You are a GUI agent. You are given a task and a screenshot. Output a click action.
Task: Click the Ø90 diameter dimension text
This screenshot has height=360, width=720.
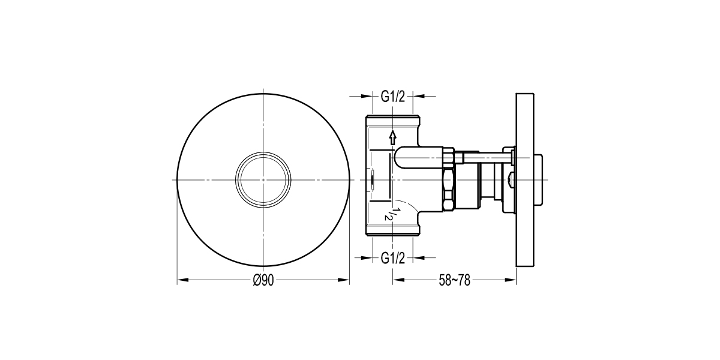pos(263,280)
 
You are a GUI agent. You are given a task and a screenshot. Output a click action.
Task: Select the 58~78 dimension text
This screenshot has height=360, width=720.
pos(454,280)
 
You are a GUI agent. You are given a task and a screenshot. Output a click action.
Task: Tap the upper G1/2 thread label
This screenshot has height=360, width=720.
pos(393,96)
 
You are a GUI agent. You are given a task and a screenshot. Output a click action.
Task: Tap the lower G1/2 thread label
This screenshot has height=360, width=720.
pos(393,258)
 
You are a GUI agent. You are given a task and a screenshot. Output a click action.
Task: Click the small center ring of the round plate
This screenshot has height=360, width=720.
pos(263,180)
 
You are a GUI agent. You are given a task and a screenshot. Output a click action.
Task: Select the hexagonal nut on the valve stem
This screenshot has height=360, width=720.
pos(448,180)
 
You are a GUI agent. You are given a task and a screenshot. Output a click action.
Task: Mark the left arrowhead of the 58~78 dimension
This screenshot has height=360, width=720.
pos(397,280)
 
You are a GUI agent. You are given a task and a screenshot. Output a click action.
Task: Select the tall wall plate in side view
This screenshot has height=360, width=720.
pos(525,180)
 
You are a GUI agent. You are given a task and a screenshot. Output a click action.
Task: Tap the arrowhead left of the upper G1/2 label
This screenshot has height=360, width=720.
pos(367,96)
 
